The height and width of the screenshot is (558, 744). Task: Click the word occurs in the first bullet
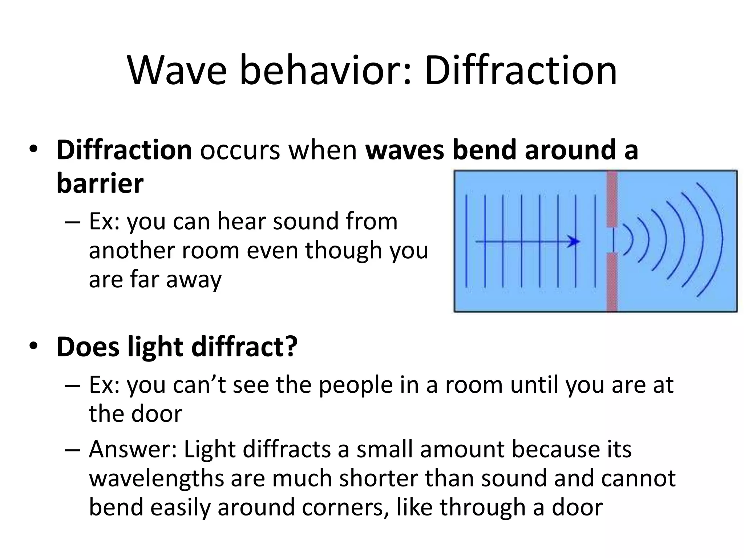(x=240, y=150)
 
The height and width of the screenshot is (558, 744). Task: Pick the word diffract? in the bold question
(x=244, y=347)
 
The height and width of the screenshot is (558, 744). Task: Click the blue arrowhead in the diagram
(x=574, y=242)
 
